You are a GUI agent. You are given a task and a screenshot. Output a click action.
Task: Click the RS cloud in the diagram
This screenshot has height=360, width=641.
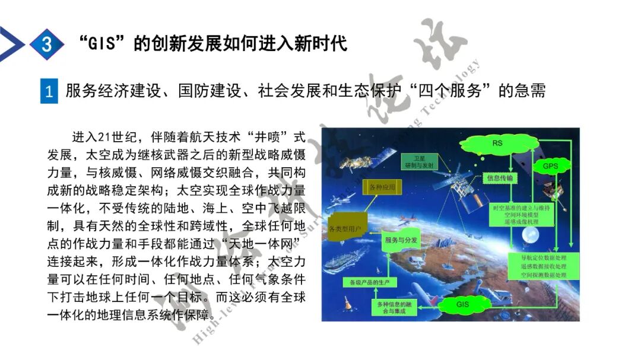point(497,144)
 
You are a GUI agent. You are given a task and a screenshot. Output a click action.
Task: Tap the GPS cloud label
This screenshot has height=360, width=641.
point(550,167)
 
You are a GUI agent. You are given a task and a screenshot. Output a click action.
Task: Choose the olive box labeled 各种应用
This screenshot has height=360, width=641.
point(382,187)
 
